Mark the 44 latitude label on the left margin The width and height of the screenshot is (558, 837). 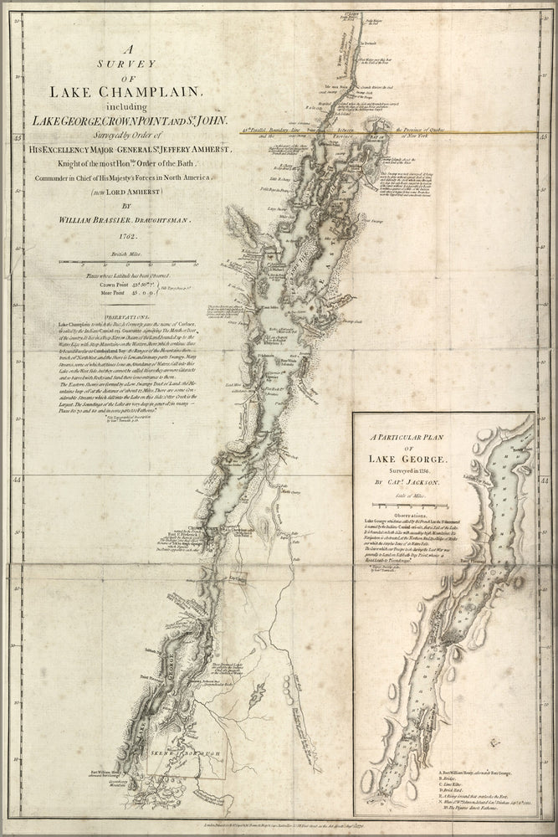pyautogui.click(x=18, y=480)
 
